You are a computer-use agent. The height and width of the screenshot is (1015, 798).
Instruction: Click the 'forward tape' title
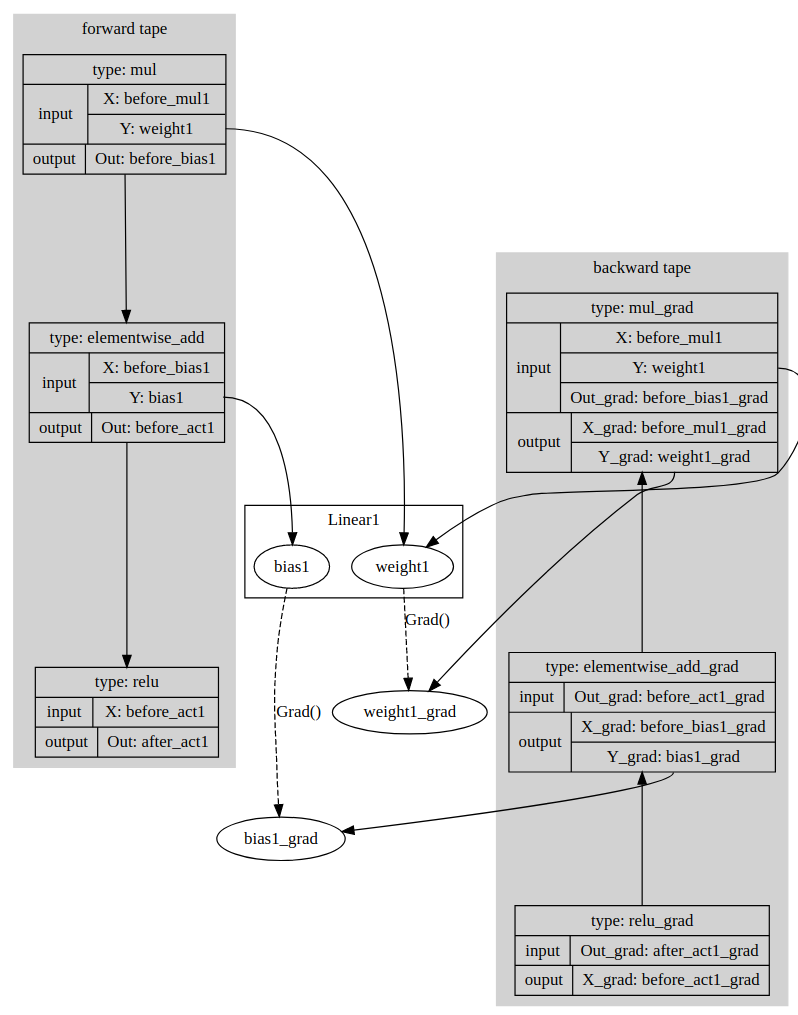click(124, 29)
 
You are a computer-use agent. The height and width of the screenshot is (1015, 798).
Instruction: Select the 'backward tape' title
click(642, 268)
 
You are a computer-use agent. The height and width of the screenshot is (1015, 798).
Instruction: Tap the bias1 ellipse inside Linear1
click(292, 567)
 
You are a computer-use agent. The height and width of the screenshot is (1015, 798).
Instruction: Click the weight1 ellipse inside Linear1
click(403, 567)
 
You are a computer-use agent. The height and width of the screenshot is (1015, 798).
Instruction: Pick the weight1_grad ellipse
click(410, 712)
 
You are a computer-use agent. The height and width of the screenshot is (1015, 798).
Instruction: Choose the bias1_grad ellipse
click(281, 839)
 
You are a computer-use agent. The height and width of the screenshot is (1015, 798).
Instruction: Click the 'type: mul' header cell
click(124, 70)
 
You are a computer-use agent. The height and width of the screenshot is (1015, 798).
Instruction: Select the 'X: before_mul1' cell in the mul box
click(157, 99)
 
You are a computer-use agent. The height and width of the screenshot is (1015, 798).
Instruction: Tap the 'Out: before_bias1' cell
click(155, 159)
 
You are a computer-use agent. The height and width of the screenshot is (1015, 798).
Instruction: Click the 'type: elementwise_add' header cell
click(127, 338)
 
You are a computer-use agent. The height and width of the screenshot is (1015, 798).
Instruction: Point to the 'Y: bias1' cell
click(157, 397)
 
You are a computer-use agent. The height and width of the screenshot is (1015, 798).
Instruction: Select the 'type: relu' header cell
click(127, 682)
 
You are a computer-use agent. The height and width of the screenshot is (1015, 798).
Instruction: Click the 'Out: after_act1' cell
click(158, 742)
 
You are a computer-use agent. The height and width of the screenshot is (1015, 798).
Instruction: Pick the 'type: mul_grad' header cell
click(642, 308)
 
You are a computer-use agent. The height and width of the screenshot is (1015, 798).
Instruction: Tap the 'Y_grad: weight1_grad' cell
click(674, 457)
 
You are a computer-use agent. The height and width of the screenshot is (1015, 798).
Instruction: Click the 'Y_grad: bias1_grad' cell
click(673, 757)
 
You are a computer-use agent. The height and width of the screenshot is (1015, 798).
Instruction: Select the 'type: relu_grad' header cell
click(642, 920)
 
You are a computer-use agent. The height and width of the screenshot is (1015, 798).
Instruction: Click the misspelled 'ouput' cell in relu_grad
click(544, 980)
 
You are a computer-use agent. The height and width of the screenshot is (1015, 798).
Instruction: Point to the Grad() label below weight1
click(428, 620)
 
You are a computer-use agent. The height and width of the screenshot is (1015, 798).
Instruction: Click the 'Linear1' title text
click(353, 520)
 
